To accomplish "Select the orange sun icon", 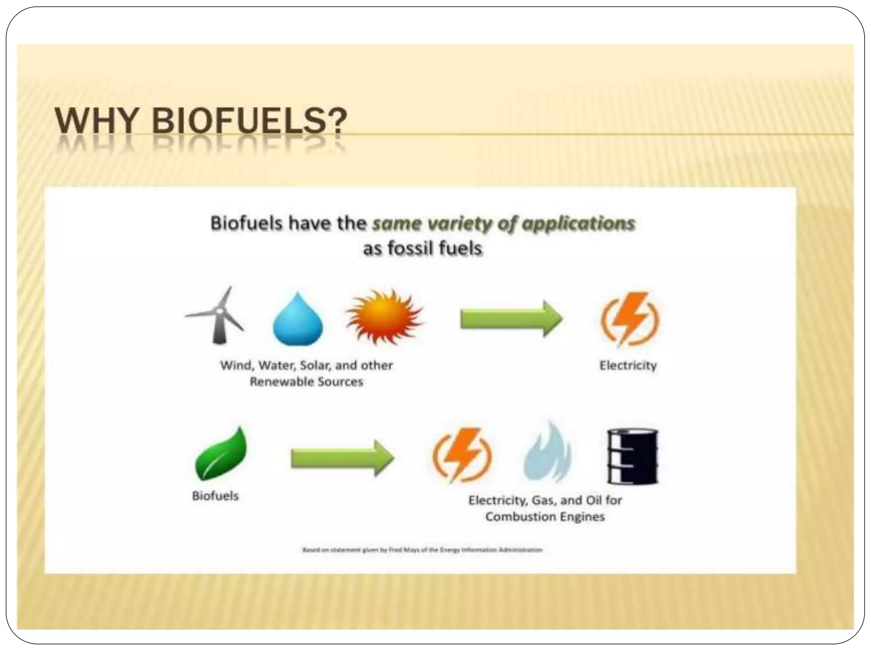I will pyautogui.click(x=384, y=317).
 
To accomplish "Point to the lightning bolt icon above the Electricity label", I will pyautogui.click(x=630, y=318).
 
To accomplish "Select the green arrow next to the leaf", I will pyautogui.click(x=342, y=458).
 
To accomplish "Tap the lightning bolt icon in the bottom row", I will pyautogui.click(x=462, y=455).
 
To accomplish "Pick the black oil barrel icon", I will pyautogui.click(x=632, y=456).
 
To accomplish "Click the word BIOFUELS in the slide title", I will pyautogui.click(x=250, y=121).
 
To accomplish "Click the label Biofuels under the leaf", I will pyautogui.click(x=215, y=496).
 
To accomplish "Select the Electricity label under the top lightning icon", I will pyautogui.click(x=628, y=366).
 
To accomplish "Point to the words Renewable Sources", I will pyautogui.click(x=306, y=382).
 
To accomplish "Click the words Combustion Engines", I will pyautogui.click(x=545, y=517).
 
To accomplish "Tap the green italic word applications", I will pyautogui.click(x=578, y=223).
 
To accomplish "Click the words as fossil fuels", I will pyautogui.click(x=423, y=248).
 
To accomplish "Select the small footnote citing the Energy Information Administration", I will pyautogui.click(x=422, y=550).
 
